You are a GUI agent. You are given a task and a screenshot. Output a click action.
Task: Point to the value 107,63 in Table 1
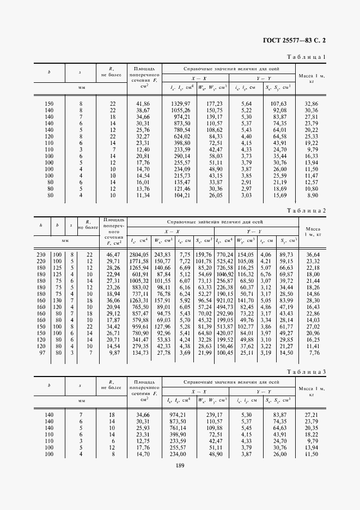pos(279,103)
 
